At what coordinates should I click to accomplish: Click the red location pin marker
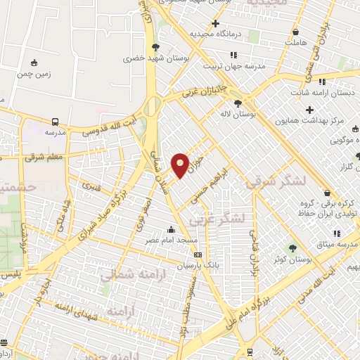pyautogui.click(x=181, y=165)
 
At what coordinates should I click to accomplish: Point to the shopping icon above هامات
pyautogui.click(x=295, y=32)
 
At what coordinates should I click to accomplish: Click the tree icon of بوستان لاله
pyautogui.click(x=247, y=103)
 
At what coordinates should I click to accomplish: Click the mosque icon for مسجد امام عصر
pyautogui.click(x=170, y=229)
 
